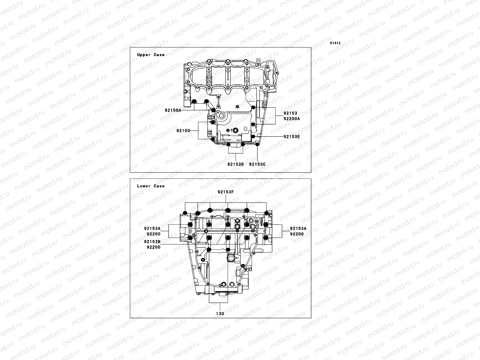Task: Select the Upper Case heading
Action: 151,55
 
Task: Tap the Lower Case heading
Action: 151,186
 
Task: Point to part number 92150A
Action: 173,110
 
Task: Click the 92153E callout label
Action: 292,136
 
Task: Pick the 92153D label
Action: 235,164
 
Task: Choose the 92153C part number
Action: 257,164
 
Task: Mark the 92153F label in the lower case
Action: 226,192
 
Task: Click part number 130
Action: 220,314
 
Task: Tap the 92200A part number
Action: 292,118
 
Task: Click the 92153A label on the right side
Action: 298,229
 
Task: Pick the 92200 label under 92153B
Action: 154,247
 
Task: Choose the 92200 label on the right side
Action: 297,234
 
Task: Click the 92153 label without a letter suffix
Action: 290,113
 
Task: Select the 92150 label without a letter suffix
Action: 183,130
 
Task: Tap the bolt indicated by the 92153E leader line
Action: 253,136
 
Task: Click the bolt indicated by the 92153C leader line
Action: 257,145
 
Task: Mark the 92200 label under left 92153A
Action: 154,234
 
